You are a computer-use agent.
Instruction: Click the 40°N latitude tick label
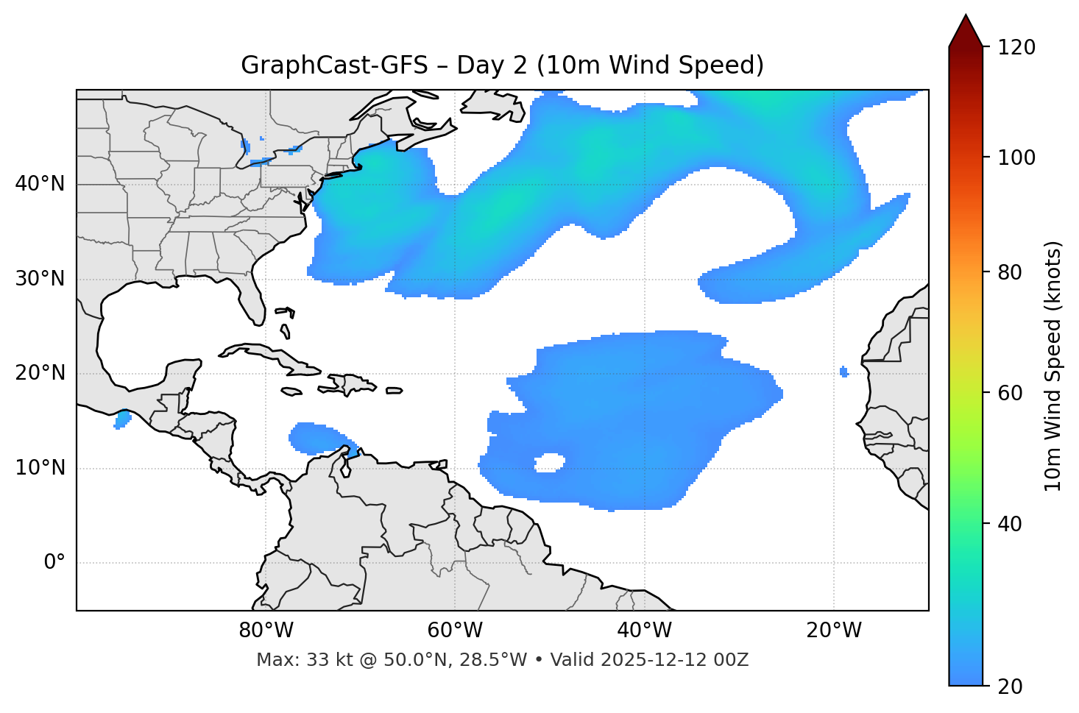40,184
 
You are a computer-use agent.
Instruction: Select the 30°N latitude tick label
40,279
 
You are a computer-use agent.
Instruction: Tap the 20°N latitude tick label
40,373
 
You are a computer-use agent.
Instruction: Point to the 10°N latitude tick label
40,468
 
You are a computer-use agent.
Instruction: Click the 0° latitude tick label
54,563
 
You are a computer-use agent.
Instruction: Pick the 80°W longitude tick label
266,631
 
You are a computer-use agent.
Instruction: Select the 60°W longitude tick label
455,631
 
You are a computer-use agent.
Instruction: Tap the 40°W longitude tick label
645,631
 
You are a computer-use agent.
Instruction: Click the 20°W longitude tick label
834,631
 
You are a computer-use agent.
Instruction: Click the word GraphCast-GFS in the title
334,65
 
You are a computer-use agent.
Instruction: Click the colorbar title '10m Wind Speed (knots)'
1053,366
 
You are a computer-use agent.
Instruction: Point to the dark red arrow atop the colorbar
966,31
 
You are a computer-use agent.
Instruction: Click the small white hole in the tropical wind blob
549,463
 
